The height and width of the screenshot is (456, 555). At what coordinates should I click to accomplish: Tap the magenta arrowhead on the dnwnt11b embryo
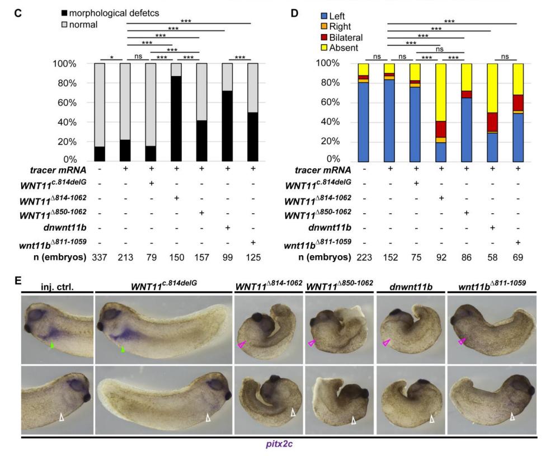[x=387, y=342]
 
